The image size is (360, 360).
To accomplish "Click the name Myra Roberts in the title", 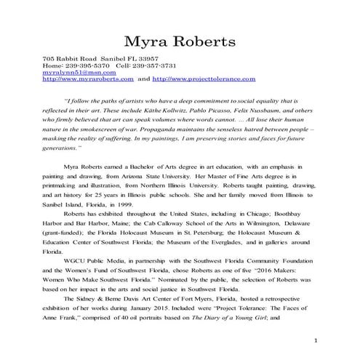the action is pyautogui.click(x=180, y=39).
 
